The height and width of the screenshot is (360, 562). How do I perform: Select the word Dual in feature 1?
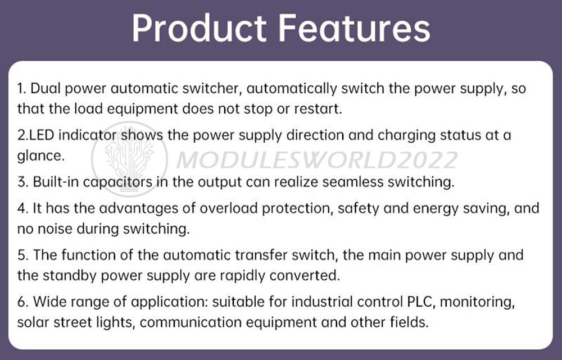pos(44,89)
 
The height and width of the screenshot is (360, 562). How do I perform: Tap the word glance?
pos(40,156)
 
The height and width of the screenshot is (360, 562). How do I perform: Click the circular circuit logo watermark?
pos(129,159)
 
